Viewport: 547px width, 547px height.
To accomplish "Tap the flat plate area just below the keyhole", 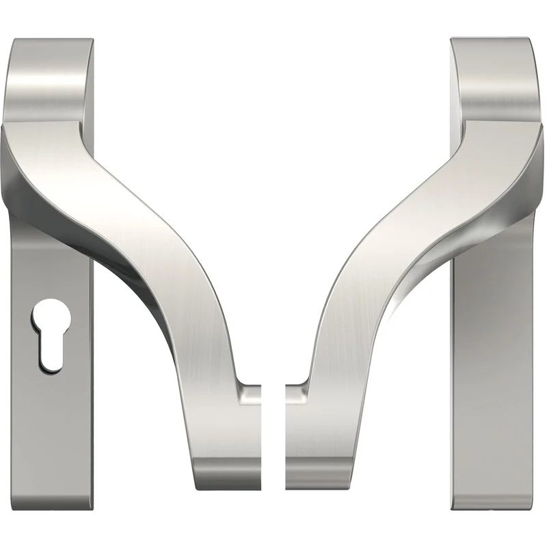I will [x=51, y=424].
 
